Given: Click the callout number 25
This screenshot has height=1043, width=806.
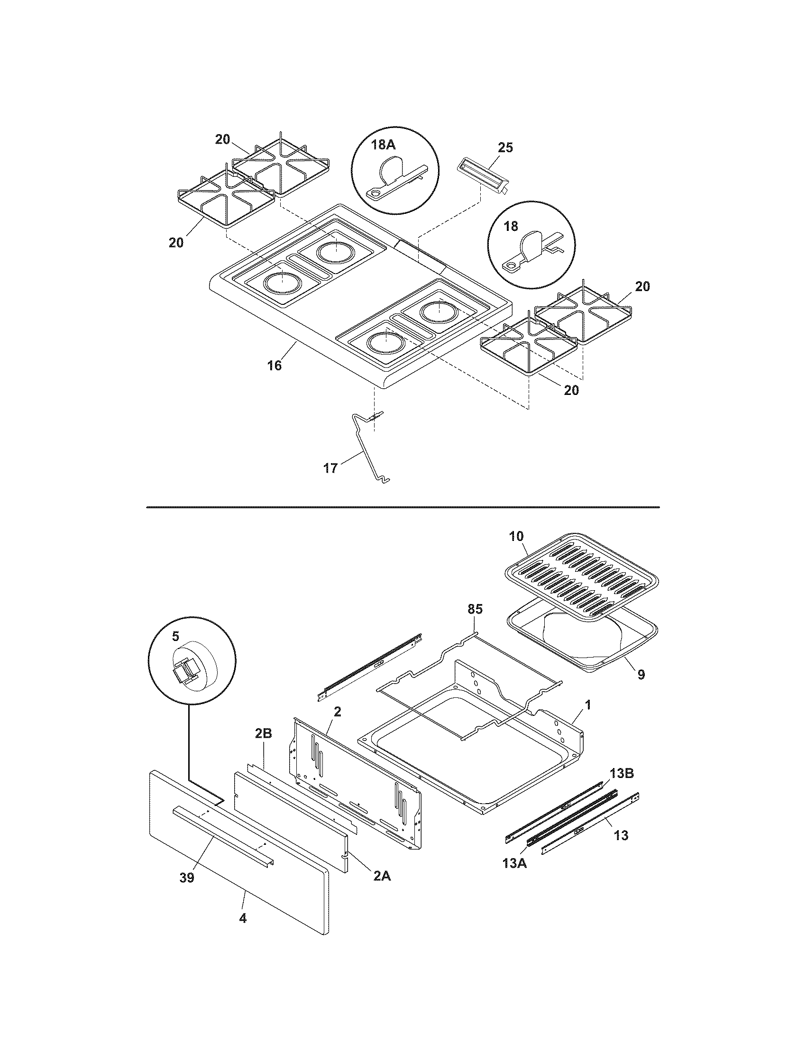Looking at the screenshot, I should (x=505, y=147).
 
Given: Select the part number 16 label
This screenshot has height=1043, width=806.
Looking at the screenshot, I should (x=274, y=366).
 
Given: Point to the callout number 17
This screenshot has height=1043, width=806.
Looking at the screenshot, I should (x=330, y=468).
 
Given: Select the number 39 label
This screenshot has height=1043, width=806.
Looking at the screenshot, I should (x=187, y=878).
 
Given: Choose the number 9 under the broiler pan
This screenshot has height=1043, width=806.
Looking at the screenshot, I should (x=641, y=674).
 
